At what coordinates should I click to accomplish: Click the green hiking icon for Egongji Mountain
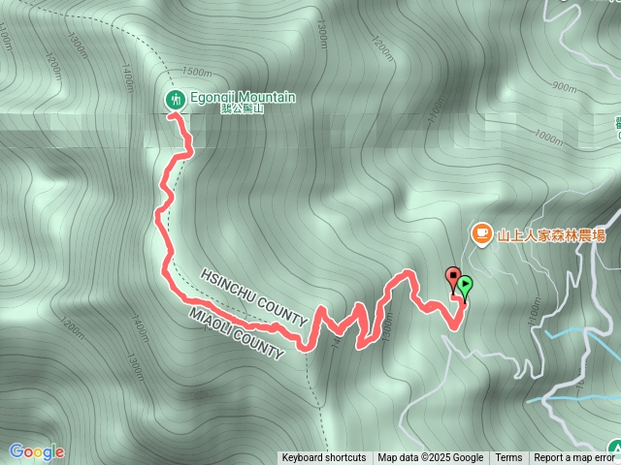click(x=176, y=98)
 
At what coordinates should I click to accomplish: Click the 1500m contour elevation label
click(x=196, y=73)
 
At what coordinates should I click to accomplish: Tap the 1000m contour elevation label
click(x=547, y=138)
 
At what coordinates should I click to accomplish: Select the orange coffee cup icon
click(x=480, y=233)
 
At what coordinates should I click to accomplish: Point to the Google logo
click(x=37, y=451)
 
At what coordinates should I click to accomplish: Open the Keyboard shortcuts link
click(x=324, y=458)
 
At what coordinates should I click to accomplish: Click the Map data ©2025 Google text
click(x=430, y=458)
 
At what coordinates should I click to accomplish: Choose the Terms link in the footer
click(x=508, y=458)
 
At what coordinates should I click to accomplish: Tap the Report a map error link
click(x=573, y=458)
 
